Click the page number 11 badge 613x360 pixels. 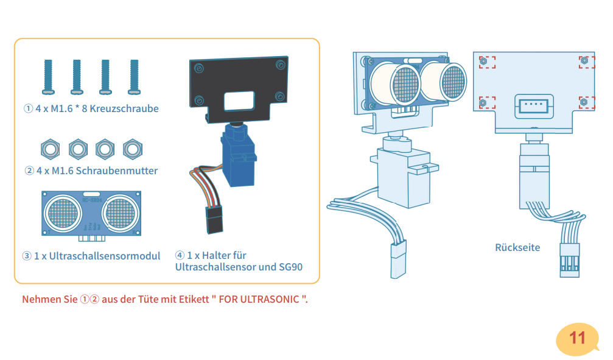576,338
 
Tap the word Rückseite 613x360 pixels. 517,247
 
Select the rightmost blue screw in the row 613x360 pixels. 134,77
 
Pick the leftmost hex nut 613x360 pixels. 49,147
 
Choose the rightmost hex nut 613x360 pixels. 131,147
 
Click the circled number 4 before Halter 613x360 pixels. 180,256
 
